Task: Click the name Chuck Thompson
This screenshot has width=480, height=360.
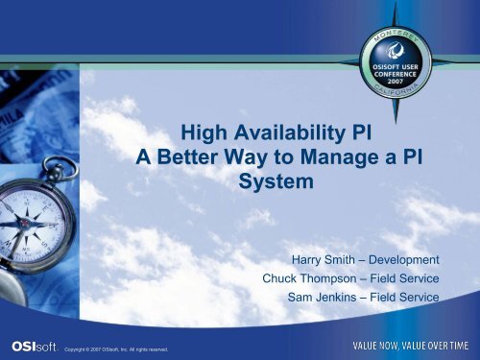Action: click(x=318, y=279)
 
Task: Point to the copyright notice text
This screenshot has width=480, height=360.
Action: click(x=115, y=349)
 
